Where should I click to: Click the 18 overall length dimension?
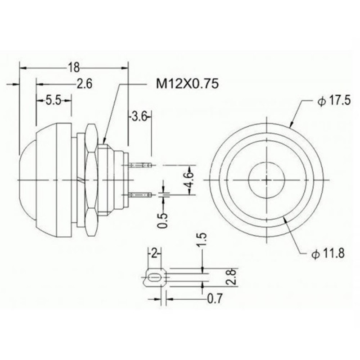pos(74,68)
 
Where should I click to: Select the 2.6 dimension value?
pos(84,84)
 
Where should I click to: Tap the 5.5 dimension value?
pos(54,100)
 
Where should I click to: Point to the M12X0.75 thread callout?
pos(187,84)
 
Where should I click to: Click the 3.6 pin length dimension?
pos(139,117)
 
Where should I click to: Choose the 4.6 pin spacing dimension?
pos(189,180)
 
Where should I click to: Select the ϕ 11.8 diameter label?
pos(328,253)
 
